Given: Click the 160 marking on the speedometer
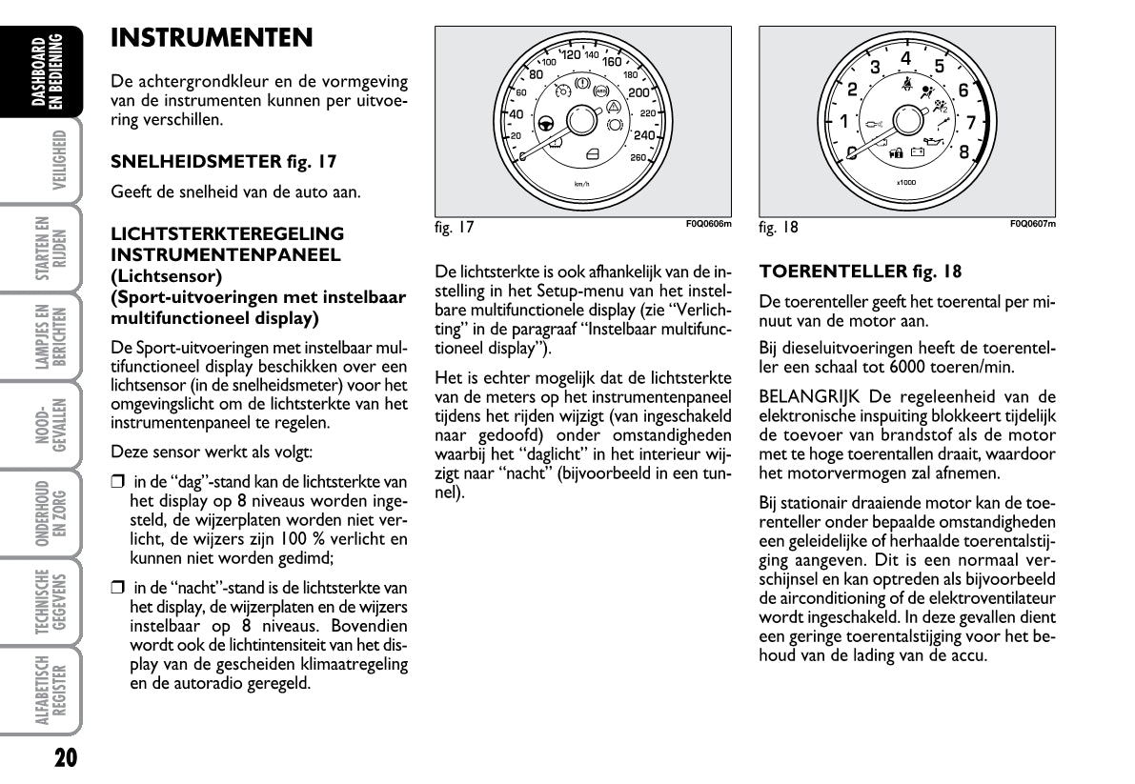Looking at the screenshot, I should (612, 61).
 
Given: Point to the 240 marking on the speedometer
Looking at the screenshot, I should (644, 135).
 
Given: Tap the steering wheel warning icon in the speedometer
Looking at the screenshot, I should (546, 122).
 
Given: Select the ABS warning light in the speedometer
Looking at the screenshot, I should (600, 91).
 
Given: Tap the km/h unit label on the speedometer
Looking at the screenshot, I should (582, 183).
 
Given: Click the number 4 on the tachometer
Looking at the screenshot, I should (905, 59).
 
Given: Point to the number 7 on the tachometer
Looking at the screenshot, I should (970, 123).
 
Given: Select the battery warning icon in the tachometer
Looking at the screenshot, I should (918, 151).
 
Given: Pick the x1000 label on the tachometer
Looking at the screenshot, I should (906, 181).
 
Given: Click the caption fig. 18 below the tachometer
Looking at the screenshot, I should (779, 228).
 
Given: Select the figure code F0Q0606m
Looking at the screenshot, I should (708, 225).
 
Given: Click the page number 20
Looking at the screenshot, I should (65, 757).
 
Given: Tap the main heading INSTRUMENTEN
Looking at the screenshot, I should (212, 38).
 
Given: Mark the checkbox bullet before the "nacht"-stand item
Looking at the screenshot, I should (117, 589).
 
